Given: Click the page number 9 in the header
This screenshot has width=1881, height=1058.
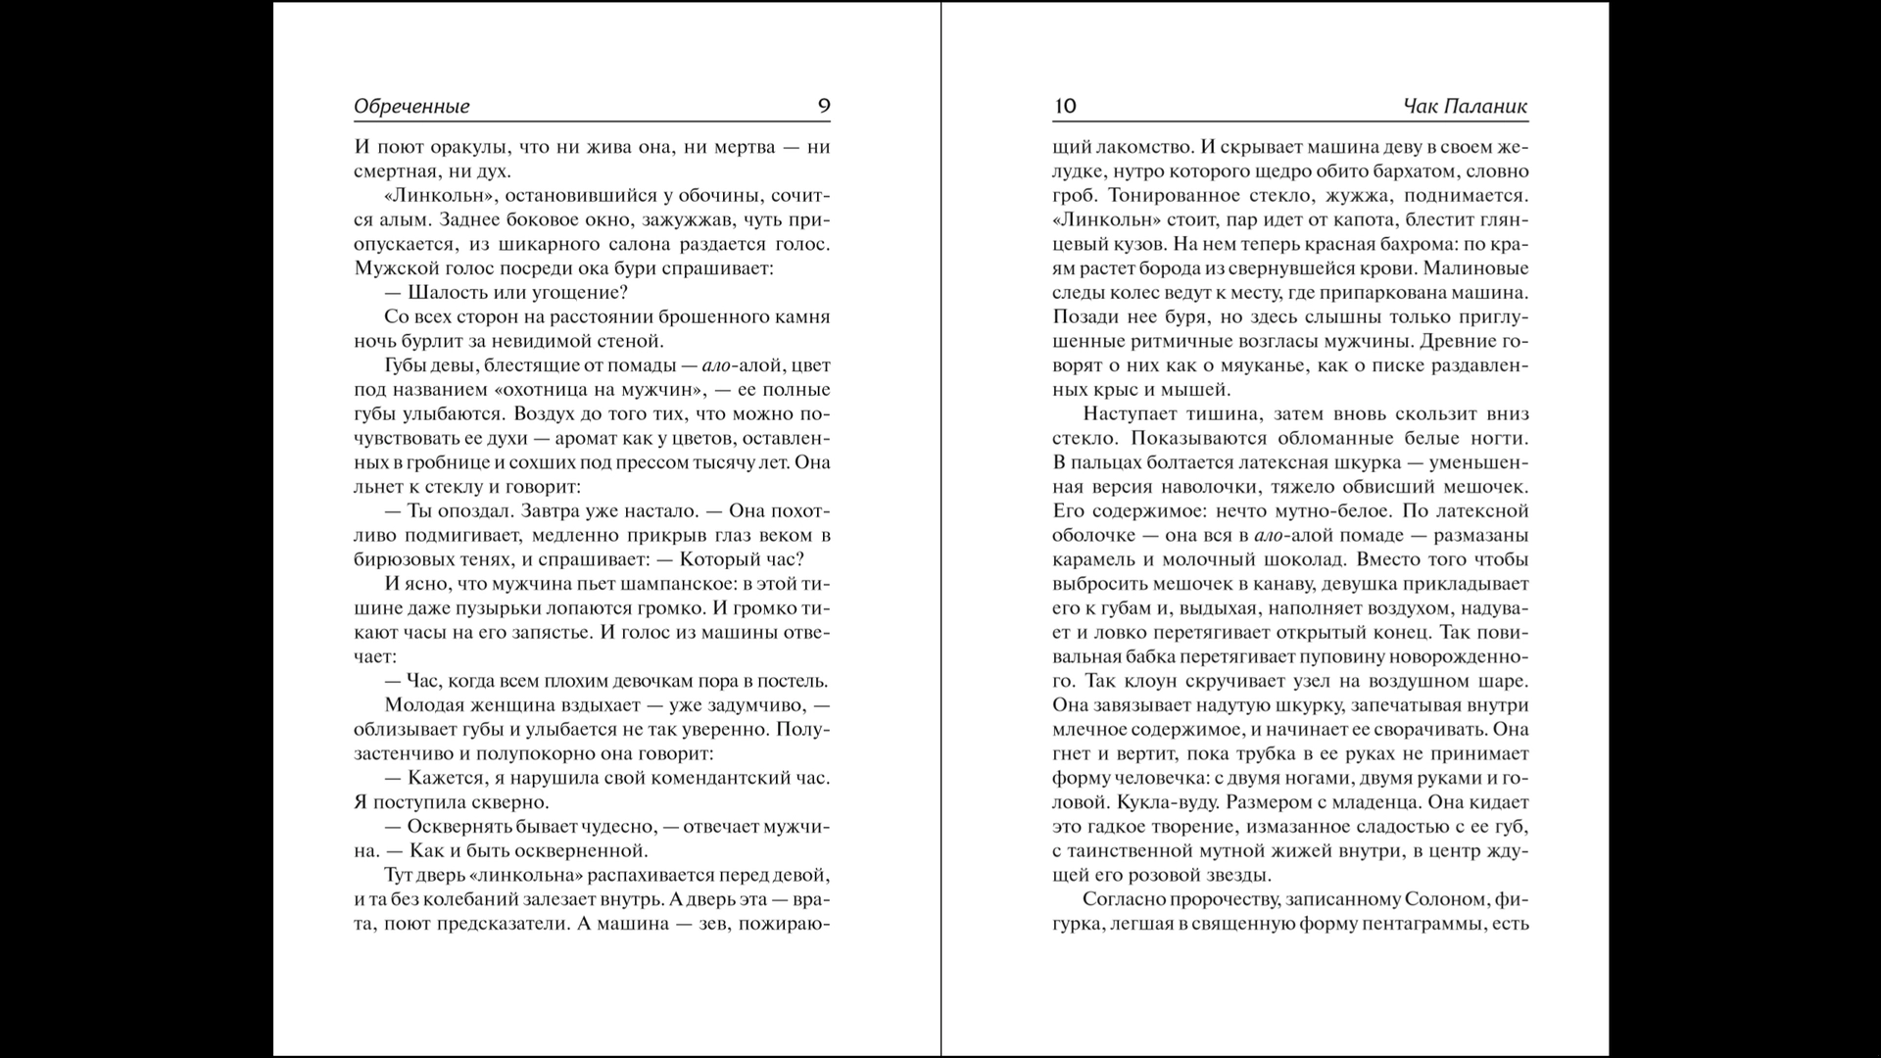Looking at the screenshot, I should (824, 106).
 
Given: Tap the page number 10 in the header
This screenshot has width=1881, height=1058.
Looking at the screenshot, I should (1065, 106).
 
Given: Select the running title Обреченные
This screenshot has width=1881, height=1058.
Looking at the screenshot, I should (411, 106).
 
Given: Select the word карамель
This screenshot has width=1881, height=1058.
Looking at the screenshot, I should (1091, 559).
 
